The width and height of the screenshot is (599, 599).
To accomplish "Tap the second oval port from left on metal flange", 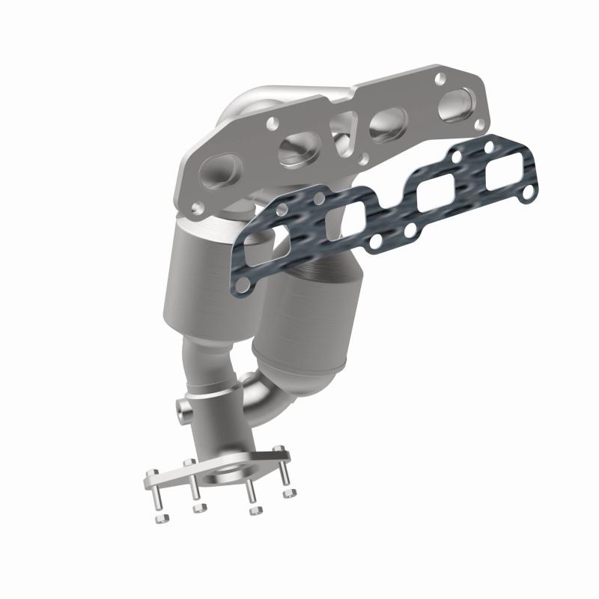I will (296, 152).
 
